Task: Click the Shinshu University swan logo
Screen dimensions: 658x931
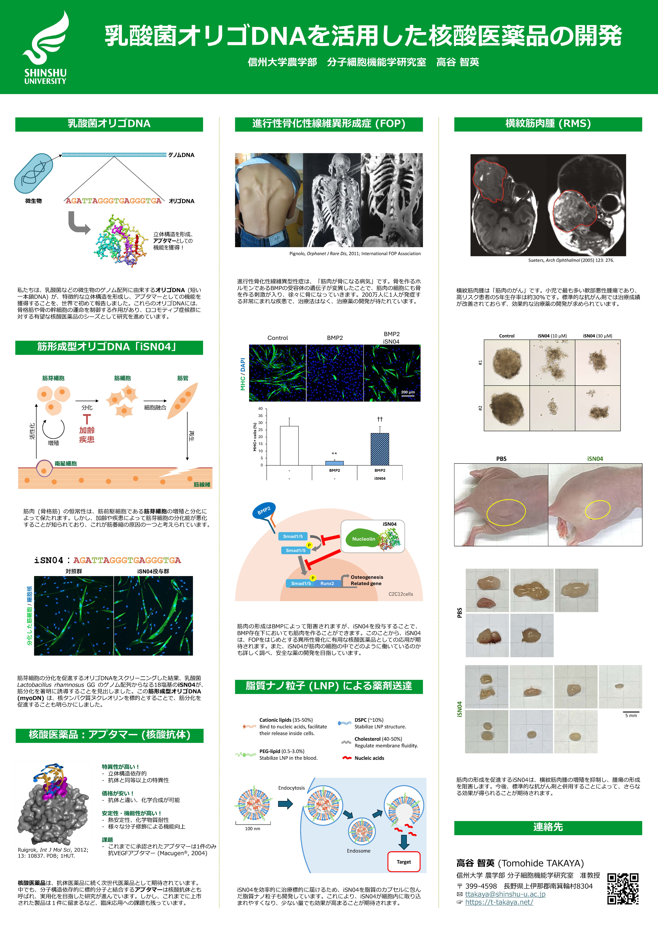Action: point(45,48)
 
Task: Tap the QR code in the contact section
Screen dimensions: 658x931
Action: point(623,889)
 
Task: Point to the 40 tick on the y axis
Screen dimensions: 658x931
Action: point(260,409)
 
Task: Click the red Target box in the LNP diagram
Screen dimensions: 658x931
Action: point(404,862)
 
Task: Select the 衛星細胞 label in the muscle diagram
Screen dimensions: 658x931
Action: point(66,464)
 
